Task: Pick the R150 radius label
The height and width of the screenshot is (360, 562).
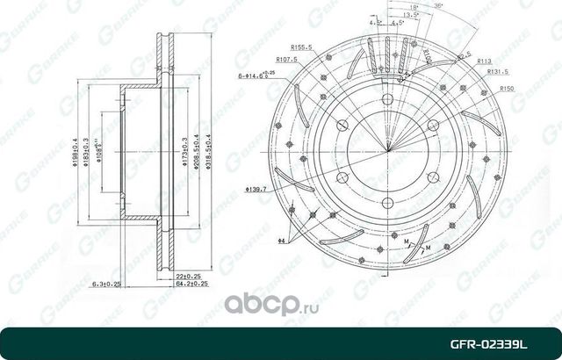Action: [x=507, y=89]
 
